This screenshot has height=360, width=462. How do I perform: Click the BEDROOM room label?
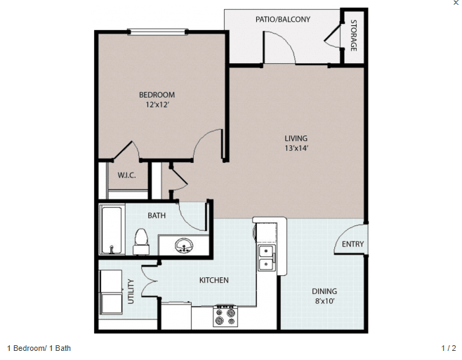(157, 95)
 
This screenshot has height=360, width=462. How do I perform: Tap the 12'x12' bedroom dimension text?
(157, 105)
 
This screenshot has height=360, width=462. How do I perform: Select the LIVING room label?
(296, 138)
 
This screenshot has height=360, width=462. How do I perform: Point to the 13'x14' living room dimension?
(296, 148)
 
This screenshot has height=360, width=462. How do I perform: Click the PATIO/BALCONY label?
(283, 20)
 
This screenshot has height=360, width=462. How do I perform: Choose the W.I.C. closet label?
(126, 175)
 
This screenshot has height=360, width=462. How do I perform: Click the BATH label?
(157, 215)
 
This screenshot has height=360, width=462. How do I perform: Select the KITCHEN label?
(213, 281)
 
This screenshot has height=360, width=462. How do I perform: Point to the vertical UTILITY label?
(131, 291)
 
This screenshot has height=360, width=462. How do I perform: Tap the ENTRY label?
(352, 244)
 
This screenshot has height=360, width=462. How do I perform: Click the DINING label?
(324, 291)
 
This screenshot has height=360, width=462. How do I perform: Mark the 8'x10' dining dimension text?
(324, 301)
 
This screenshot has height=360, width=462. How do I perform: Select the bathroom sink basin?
(185, 246)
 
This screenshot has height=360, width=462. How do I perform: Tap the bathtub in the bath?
(112, 229)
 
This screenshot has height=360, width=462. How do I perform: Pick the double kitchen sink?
(267, 258)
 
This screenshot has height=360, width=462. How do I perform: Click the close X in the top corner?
(456, 4)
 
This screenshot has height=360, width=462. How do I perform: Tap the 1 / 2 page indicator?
(448, 348)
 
